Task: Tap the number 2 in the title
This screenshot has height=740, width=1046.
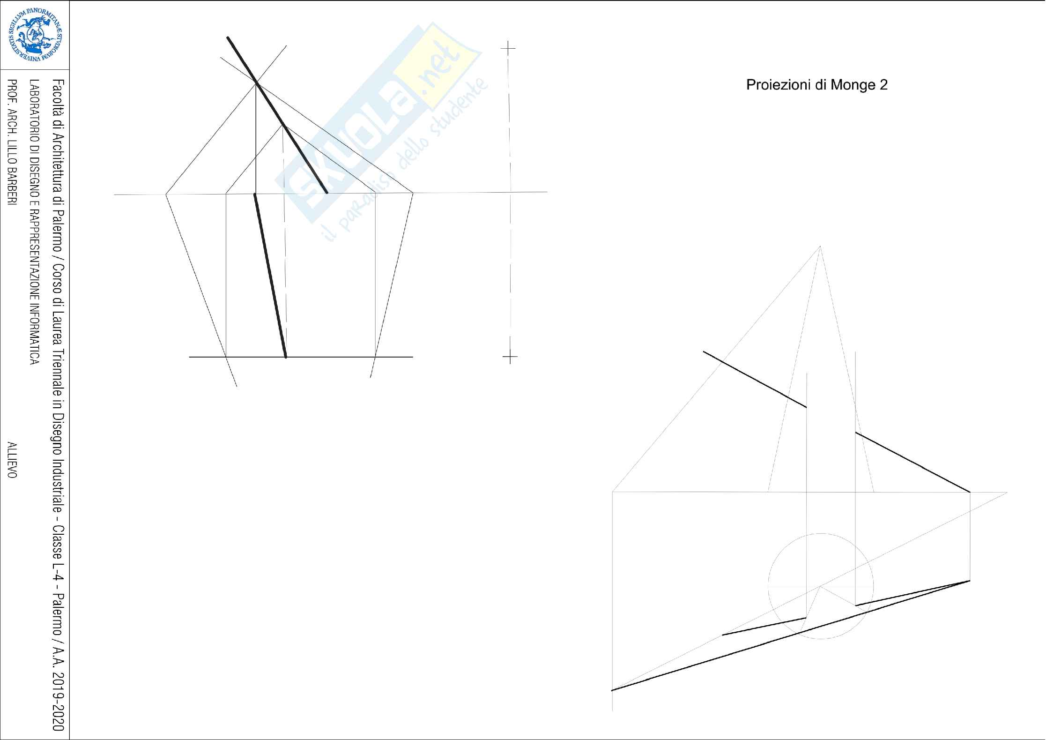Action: click(883, 85)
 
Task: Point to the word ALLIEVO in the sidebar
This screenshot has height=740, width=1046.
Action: click(12, 460)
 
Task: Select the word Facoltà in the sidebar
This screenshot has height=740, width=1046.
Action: click(58, 98)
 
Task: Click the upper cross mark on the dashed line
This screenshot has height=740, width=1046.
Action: click(508, 48)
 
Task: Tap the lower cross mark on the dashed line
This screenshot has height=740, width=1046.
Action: click(510, 358)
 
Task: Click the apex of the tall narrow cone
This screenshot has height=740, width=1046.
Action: click(820, 246)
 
